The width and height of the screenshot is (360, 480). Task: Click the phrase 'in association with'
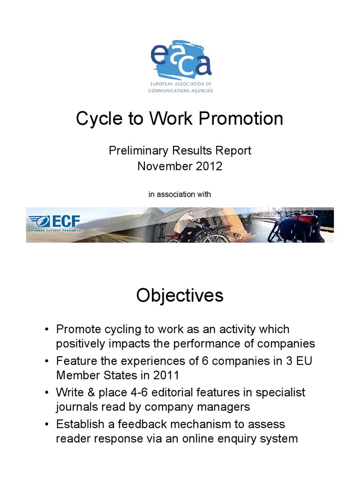pyautogui.click(x=180, y=194)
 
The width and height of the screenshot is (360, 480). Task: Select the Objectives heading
pyautogui.click(x=180, y=296)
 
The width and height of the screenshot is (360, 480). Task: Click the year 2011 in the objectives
pyautogui.click(x=168, y=375)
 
